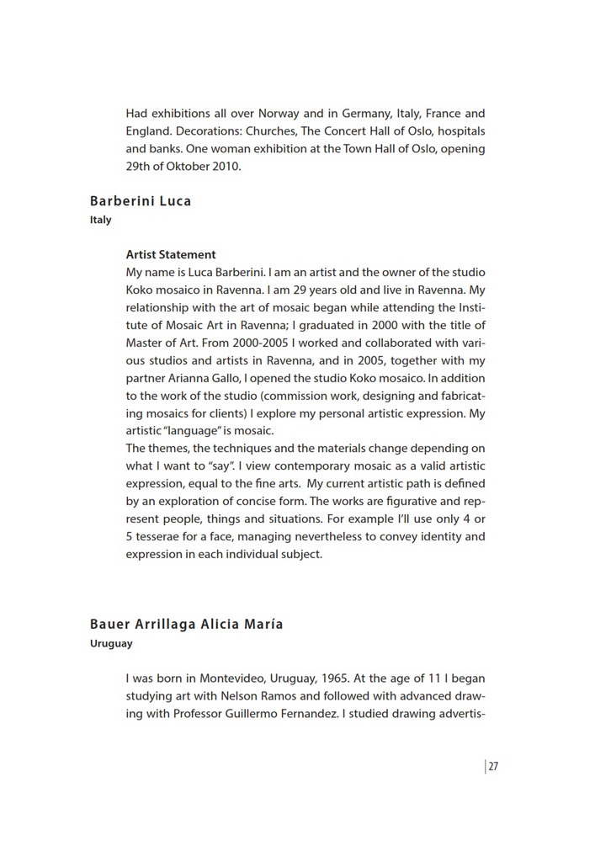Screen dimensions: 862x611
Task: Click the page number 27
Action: (x=493, y=766)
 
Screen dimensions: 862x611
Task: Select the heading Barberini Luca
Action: (x=141, y=201)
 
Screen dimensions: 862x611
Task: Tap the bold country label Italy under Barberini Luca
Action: (x=101, y=221)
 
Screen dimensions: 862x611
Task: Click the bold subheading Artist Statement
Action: (x=171, y=255)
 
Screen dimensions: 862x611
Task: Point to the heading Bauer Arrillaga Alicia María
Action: (x=186, y=625)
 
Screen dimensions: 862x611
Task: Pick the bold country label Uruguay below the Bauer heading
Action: (x=111, y=644)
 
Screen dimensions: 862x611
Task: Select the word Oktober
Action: (x=189, y=167)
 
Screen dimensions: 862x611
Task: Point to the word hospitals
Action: (x=460, y=131)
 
